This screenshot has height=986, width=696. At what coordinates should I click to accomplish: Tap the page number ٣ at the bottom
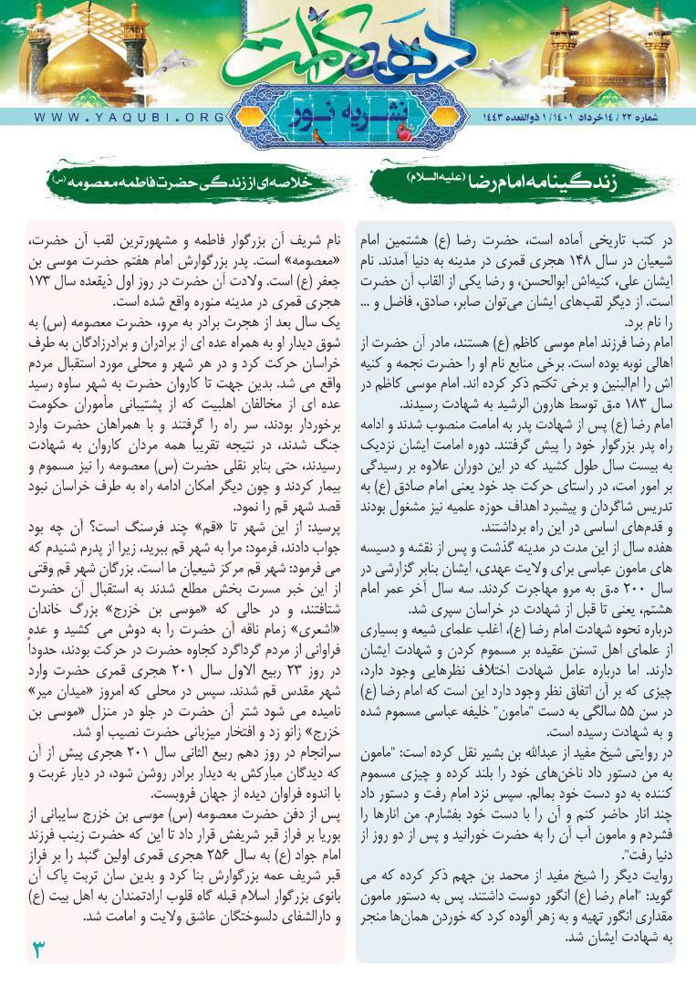pyautogui.click(x=38, y=947)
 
